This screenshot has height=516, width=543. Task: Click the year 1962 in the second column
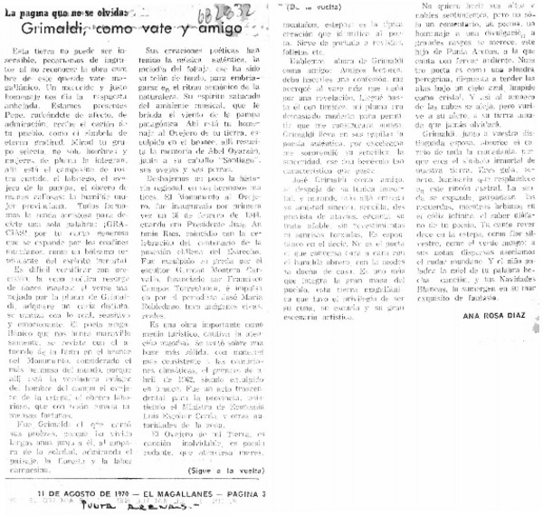point(214,365)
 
